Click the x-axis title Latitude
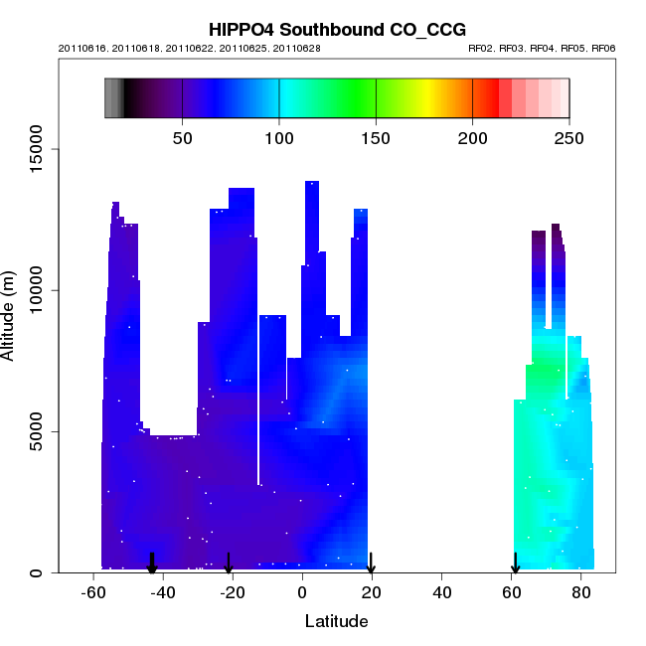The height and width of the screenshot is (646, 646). click(336, 622)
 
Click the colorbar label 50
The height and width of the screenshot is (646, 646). click(183, 137)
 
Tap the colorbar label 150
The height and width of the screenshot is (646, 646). click(376, 137)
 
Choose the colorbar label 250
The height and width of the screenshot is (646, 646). click(568, 137)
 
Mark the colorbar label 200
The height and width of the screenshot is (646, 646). click(472, 137)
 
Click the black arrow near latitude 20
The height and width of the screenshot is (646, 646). click(371, 565)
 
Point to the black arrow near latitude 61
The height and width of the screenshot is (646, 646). click(515, 565)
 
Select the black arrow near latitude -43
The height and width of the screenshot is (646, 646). click(152, 565)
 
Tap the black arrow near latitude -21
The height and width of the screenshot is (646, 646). click(229, 565)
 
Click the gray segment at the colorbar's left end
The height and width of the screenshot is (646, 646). click(113, 98)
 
